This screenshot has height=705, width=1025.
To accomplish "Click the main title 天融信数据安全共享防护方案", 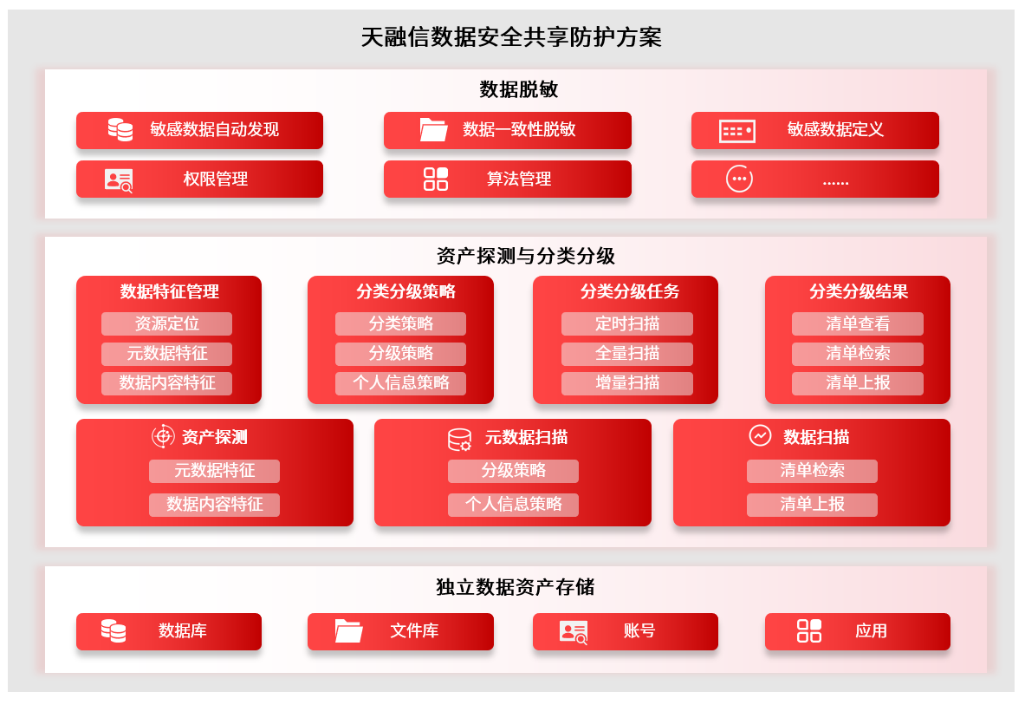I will [511, 37].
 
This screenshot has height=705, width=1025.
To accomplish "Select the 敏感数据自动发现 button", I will [199, 130].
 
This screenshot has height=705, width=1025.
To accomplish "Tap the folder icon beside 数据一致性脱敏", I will [433, 130].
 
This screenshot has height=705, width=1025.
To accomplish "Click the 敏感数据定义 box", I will [814, 130].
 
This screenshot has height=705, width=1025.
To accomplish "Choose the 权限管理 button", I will [199, 179].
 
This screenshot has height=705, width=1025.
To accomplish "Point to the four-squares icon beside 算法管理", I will [436, 179].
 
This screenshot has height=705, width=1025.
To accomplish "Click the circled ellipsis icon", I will [739, 179].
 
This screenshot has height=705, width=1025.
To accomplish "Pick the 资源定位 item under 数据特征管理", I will [166, 323].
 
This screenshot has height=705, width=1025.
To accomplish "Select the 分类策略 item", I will [400, 323].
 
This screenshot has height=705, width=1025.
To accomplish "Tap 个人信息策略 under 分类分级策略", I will [400, 382].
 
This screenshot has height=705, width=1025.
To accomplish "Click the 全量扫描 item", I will [626, 353].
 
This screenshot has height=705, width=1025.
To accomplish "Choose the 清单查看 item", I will [857, 323].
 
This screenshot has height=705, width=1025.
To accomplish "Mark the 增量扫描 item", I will [626, 382].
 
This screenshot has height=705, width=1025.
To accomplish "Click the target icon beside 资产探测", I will [163, 436].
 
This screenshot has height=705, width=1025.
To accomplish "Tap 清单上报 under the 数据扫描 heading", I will [812, 504].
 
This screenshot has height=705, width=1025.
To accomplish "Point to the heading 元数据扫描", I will [526, 437].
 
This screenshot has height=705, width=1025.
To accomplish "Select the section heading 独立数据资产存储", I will [515, 587].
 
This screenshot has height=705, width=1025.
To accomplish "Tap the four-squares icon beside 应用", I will [809, 631].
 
